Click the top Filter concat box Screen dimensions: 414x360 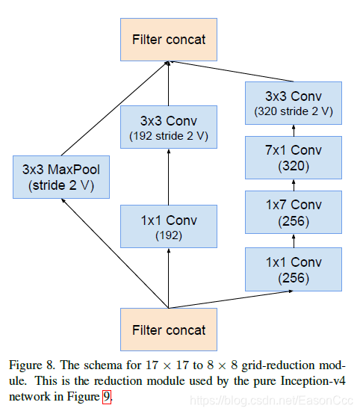[168, 39]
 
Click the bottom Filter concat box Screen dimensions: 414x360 [168, 330]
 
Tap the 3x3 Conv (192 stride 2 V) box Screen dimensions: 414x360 [168, 128]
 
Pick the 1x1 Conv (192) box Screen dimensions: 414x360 [168, 227]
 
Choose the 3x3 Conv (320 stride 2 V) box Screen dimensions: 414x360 [294, 103]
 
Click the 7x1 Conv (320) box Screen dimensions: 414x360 [294, 157]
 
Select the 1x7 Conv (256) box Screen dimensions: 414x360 [294, 211]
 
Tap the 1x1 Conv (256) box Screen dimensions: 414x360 [294, 269]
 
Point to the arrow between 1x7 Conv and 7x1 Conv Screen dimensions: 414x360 [294, 185]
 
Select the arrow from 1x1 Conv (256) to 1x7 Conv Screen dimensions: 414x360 [294, 241]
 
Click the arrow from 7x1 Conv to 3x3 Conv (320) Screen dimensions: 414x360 [294, 130]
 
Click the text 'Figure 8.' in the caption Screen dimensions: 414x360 [31, 365]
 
